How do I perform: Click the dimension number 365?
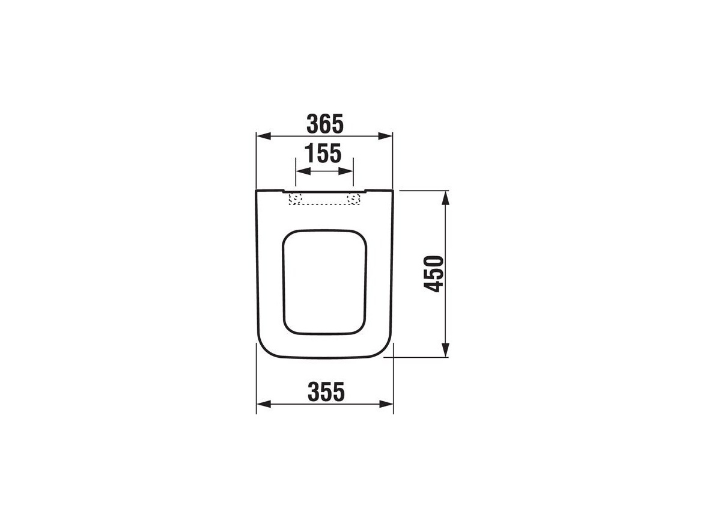(325, 124)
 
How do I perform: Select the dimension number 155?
(323, 153)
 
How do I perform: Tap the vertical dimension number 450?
(434, 274)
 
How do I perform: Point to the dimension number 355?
(326, 391)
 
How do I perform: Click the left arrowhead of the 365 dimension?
(264, 136)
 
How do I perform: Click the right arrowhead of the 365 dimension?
(385, 136)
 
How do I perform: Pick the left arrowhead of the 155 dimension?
(303, 171)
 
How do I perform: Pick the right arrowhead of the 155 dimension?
(346, 171)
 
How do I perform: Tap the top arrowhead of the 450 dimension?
(445, 198)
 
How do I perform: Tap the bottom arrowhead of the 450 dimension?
(445, 350)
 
